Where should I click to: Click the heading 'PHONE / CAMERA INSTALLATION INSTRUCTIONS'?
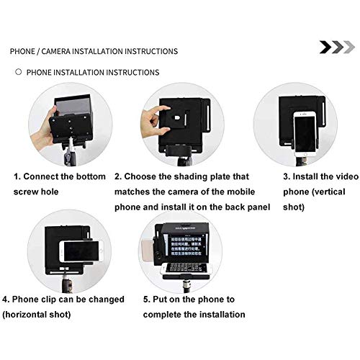click(94, 52)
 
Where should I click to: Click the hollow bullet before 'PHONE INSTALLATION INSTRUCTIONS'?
click(18, 73)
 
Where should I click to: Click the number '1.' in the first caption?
click(16, 176)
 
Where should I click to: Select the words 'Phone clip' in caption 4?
click(39, 299)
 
